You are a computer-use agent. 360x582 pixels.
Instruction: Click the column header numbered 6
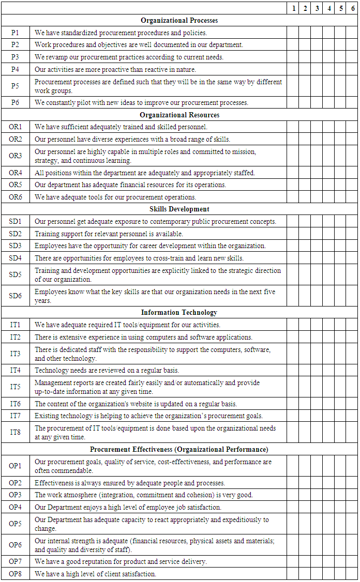(x=353, y=8)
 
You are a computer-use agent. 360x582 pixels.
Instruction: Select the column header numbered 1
(x=293, y=8)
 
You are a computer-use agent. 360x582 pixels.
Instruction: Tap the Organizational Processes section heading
(x=179, y=20)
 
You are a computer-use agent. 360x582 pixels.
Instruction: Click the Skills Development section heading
(x=179, y=209)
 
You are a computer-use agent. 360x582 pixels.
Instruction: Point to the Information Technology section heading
(x=179, y=312)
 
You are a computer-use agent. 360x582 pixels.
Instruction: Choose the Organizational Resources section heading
(x=179, y=115)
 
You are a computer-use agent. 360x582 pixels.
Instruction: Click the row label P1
(x=16, y=32)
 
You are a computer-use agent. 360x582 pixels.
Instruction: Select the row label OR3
(x=16, y=156)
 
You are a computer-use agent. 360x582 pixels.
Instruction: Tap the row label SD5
(x=16, y=274)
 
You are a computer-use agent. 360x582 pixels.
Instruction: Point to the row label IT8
(x=16, y=432)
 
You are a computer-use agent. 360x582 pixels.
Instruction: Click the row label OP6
(x=16, y=545)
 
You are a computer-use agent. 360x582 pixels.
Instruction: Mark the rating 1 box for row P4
(x=293, y=69)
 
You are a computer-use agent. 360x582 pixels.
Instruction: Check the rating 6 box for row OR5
(x=353, y=185)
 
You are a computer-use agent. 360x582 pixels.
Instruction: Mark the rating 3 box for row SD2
(x=317, y=234)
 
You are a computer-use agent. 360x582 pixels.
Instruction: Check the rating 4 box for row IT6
(x=329, y=404)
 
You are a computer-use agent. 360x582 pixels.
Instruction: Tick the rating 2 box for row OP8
(x=305, y=574)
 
